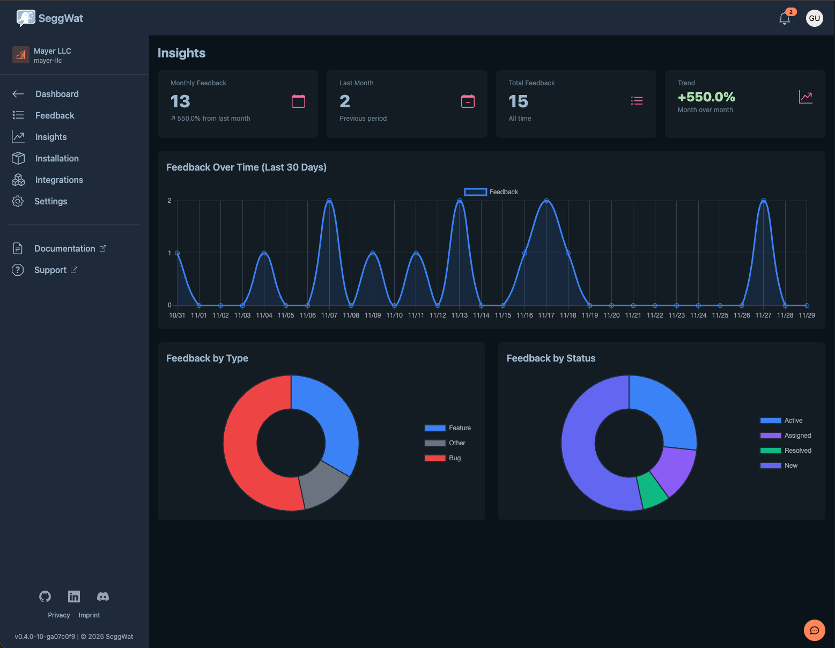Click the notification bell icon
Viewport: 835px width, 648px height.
click(x=784, y=19)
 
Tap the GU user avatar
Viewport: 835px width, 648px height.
click(x=814, y=18)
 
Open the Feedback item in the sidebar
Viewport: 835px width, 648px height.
click(x=55, y=115)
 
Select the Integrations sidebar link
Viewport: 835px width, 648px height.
click(x=59, y=180)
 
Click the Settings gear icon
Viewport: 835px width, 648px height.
click(x=18, y=201)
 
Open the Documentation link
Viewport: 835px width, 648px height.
click(x=64, y=248)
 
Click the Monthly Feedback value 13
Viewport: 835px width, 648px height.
click(x=180, y=101)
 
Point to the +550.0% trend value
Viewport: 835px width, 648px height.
click(x=706, y=97)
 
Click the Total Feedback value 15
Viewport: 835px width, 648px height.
click(x=518, y=101)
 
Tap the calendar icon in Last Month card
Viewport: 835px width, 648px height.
click(x=468, y=101)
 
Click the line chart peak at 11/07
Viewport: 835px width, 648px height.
click(x=329, y=201)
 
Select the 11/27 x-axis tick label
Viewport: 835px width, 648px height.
click(x=763, y=315)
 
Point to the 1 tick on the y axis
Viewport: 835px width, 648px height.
click(x=169, y=253)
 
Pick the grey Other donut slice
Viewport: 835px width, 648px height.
click(x=322, y=485)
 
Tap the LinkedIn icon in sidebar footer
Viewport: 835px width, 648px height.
click(x=74, y=597)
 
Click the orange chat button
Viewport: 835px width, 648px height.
click(x=814, y=630)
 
